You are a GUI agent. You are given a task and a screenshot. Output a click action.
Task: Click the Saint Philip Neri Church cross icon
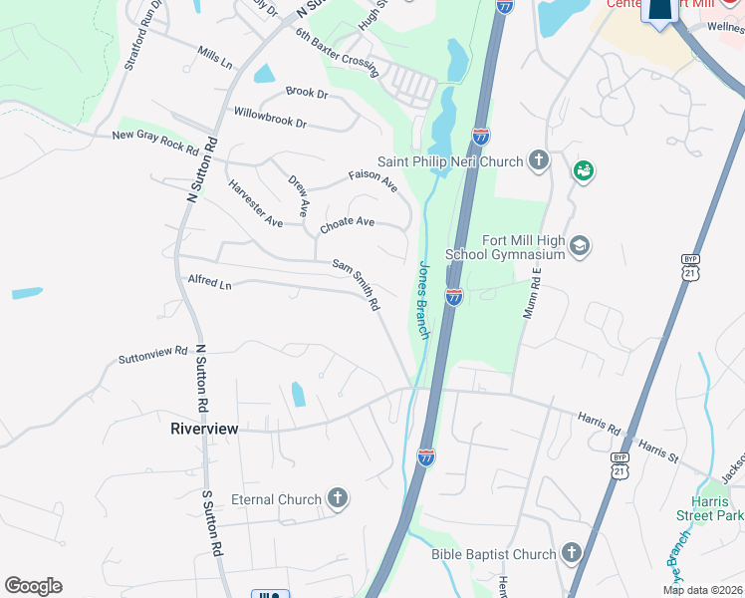[539, 161]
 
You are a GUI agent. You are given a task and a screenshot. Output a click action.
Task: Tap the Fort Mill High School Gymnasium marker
[581, 245]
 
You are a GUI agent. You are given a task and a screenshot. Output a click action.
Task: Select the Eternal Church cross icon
[338, 499]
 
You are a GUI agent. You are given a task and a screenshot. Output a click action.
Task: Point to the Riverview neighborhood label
[205, 429]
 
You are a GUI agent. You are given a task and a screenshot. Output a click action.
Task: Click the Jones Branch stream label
[422, 300]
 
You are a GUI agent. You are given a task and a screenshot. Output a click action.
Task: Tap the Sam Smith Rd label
[357, 284]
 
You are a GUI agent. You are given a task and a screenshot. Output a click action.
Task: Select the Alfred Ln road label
[209, 283]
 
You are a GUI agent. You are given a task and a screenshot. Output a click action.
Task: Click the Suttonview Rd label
[152, 354]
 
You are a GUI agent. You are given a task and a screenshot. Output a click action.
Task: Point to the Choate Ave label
[347, 225]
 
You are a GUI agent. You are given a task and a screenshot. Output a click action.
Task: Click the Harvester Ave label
[255, 202]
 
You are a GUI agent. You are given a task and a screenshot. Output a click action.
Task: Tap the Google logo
[33, 586]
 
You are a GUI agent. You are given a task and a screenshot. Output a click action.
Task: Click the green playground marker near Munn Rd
[583, 171]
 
